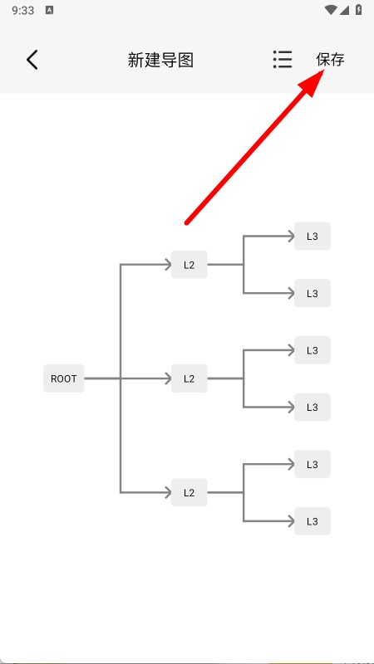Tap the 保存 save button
tap(330, 60)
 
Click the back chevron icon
tap(32, 60)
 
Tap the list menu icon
tap(283, 60)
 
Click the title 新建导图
tap(160, 60)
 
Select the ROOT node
tap(64, 378)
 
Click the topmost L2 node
tap(189, 265)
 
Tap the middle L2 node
tap(189, 378)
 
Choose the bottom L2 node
tap(189, 492)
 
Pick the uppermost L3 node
tap(312, 237)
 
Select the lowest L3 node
tap(312, 521)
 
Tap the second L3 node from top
tap(312, 293)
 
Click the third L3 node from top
tap(312, 350)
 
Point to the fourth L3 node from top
tap(312, 407)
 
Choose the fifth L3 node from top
tap(312, 464)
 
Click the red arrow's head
tap(313, 82)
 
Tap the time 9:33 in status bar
tap(23, 11)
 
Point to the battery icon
tap(359, 10)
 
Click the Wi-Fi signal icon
tap(331, 10)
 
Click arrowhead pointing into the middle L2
tap(168, 378)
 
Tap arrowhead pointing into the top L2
tap(168, 265)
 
